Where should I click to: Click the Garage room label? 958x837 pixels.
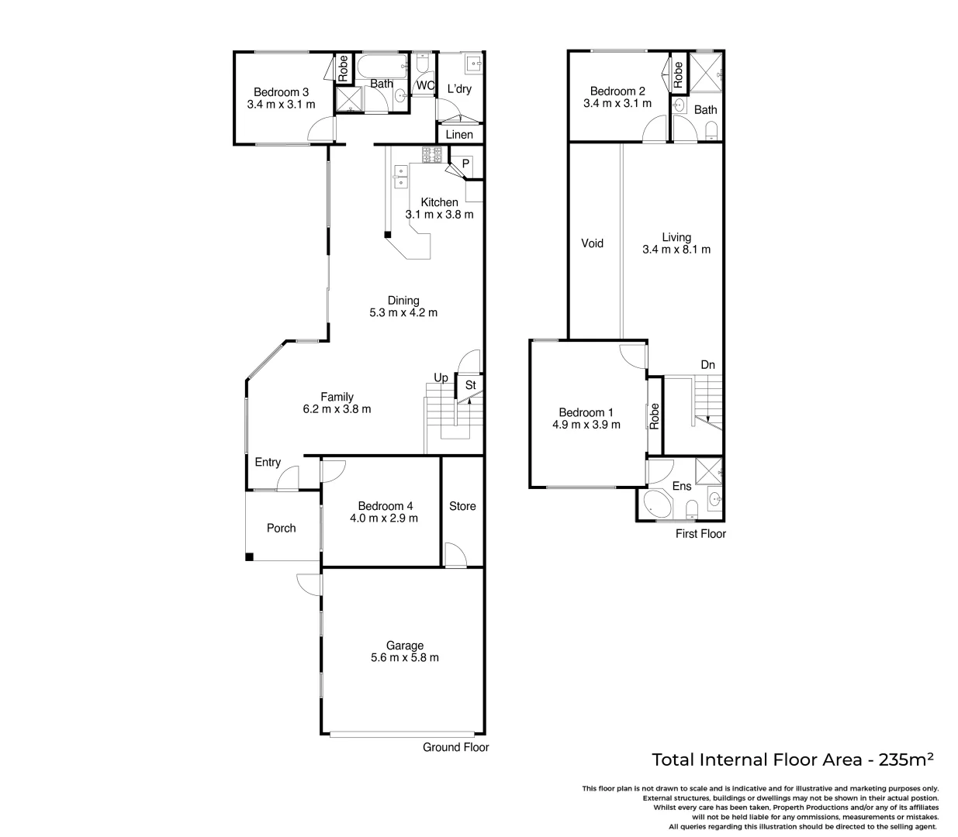405,646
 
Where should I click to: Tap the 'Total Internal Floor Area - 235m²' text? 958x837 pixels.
792,759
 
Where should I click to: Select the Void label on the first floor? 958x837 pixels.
593,243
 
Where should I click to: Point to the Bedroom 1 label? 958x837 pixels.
586,412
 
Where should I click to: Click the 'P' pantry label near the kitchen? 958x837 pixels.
465,164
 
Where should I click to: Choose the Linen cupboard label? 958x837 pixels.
459,135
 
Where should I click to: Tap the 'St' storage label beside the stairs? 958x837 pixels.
470,384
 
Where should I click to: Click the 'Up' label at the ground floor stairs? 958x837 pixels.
441,378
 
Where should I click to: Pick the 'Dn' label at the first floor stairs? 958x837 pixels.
707,364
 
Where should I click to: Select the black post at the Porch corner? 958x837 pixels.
249,556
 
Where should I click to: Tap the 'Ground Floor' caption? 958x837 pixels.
455,747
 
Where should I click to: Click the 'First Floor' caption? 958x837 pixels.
700,533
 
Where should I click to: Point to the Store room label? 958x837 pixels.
462,506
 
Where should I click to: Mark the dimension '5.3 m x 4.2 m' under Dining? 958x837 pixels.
403,313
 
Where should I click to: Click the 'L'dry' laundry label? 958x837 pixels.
459,88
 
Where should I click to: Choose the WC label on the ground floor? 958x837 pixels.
425,85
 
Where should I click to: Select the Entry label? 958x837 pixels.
268,462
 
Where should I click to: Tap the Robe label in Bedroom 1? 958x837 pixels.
655,416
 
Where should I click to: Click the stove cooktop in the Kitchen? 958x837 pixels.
431,154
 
